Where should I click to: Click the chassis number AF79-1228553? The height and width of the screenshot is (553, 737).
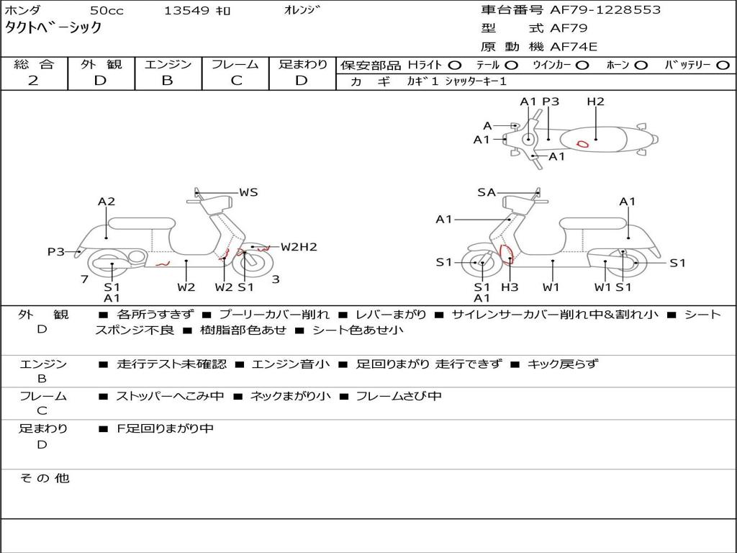(x=594, y=10)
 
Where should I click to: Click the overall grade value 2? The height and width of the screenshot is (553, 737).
(x=33, y=81)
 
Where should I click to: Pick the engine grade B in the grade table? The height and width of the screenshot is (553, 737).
(x=167, y=81)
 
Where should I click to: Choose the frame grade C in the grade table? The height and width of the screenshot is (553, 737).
(x=236, y=81)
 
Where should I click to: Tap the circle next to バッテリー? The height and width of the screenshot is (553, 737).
(x=722, y=66)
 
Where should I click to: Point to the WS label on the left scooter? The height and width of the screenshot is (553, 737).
(x=248, y=192)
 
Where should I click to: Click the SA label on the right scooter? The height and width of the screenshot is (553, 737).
(x=487, y=192)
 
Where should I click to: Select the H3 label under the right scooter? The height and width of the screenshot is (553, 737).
(x=510, y=287)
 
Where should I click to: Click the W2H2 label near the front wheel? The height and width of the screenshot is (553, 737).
(x=299, y=247)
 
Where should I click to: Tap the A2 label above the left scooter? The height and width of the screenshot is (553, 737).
(x=107, y=202)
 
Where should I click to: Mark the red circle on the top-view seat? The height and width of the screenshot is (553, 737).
(x=582, y=143)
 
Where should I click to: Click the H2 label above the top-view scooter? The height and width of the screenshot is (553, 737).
(x=595, y=102)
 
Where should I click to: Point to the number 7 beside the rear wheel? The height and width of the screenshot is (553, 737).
(x=84, y=279)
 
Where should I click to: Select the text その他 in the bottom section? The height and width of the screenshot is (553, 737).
(x=44, y=478)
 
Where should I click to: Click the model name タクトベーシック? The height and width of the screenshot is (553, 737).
(x=53, y=29)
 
